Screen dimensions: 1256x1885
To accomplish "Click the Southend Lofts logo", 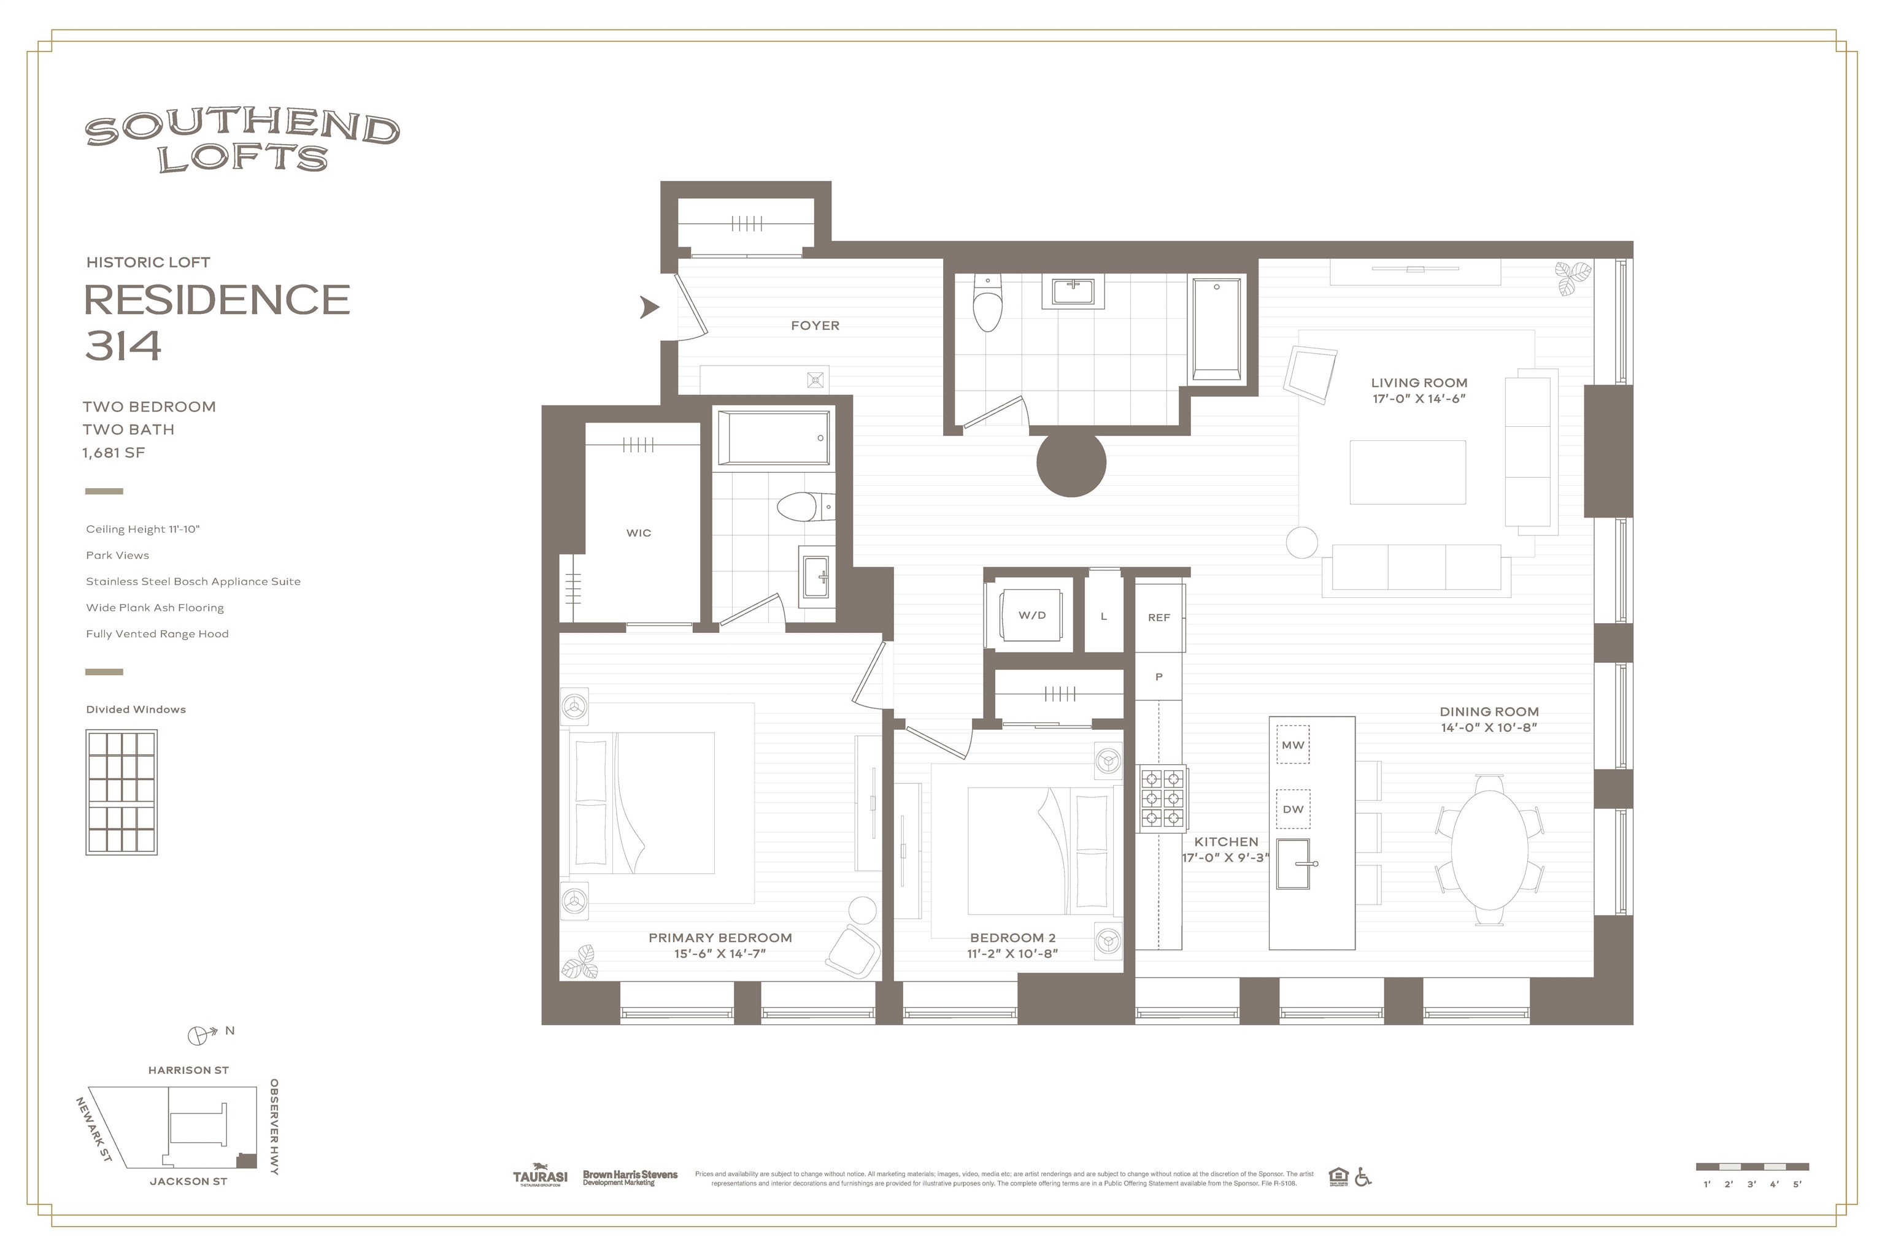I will [242, 142].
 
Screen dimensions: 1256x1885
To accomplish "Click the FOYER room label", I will [815, 325].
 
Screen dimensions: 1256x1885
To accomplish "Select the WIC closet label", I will [639, 533].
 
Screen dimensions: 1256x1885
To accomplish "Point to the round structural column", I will [1071, 463].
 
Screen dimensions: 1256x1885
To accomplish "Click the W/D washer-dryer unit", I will [1031, 615].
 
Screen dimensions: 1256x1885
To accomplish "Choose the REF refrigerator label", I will [1159, 618].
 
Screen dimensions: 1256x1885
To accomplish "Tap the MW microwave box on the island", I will [1293, 745].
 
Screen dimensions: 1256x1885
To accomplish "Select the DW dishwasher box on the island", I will [1293, 809].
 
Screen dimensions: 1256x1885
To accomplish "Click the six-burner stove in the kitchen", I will [1163, 798].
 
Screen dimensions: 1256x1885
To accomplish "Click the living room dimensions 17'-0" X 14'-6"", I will [1419, 398].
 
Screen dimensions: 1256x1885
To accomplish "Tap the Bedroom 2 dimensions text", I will [1012, 953].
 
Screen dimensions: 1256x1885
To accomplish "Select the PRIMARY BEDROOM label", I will [720, 937].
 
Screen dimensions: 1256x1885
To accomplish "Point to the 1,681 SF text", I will [114, 453].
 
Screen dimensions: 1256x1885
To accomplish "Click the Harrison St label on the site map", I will [188, 1070].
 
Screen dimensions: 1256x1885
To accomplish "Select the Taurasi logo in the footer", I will [539, 1176].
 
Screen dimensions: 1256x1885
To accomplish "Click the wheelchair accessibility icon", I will [1362, 1177].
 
